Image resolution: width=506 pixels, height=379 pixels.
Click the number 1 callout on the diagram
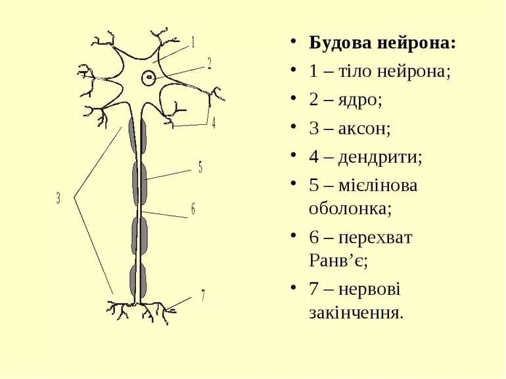(x=193, y=43)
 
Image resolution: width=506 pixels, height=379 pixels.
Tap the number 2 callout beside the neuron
(x=209, y=64)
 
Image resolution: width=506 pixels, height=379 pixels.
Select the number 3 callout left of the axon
(x=58, y=198)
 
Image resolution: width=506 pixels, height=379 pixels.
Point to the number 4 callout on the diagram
(x=213, y=123)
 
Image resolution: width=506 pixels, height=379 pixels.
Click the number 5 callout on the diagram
(x=200, y=167)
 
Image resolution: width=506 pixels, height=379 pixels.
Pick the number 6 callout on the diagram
(x=193, y=209)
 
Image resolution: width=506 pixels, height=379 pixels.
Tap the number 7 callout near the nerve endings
(x=203, y=296)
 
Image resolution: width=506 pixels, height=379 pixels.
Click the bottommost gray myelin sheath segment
(x=139, y=280)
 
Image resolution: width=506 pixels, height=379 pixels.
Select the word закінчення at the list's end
(x=356, y=312)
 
